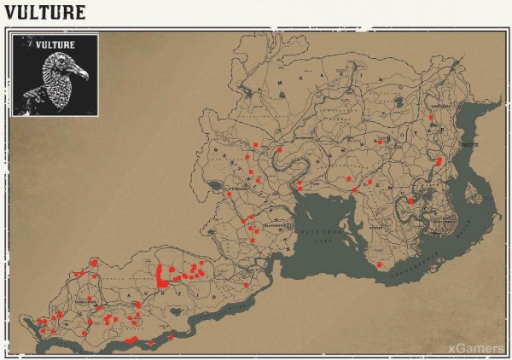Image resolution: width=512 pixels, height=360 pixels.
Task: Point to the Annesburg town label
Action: [438, 107]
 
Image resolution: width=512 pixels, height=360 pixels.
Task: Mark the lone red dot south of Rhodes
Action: [379, 265]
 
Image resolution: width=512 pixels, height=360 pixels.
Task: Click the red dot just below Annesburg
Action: [431, 118]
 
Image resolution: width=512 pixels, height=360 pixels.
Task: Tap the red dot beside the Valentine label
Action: [279, 150]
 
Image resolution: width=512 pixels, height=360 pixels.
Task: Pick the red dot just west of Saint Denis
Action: [411, 201]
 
